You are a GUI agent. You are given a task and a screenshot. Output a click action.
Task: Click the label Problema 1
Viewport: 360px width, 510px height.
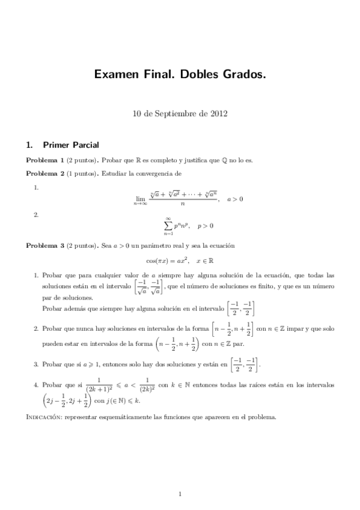44,161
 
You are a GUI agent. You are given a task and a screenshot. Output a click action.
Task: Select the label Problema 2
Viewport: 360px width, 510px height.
44,174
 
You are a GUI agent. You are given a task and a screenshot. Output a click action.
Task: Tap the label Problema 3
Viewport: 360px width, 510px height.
44,246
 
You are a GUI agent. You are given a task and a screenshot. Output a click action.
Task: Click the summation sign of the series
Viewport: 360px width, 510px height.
168,226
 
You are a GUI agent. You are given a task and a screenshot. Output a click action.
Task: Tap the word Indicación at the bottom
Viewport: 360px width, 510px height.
46,417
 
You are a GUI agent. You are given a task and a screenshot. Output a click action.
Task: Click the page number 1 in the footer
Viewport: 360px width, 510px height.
180,494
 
